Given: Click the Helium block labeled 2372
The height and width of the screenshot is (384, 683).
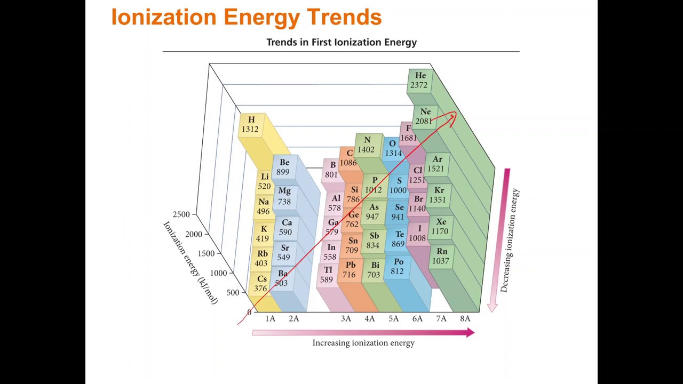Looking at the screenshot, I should point(419,81).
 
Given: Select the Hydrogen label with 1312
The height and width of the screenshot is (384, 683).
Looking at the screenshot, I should point(250,125).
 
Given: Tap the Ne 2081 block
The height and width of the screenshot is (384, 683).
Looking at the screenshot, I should point(424,116).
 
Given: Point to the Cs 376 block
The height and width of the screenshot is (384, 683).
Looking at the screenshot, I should point(261,284).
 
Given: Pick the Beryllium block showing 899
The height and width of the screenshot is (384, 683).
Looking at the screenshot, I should point(283,167).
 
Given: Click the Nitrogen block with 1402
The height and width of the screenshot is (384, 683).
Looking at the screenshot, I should point(367,145).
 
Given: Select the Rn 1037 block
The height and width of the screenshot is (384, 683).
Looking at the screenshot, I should point(441,257).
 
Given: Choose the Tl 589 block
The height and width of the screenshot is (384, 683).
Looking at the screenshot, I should point(327,275).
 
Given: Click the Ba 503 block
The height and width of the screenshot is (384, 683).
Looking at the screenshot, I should point(282,278).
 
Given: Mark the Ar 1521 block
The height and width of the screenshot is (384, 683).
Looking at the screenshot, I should point(436,164).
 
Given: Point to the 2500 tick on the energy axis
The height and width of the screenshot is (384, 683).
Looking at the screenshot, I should point(181,214).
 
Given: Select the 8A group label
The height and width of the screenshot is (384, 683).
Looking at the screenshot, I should point(465,318).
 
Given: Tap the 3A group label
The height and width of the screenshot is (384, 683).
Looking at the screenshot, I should point(346,318).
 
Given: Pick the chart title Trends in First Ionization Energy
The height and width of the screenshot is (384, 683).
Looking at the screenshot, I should point(341,42).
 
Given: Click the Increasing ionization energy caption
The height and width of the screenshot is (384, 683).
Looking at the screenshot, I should point(363,343).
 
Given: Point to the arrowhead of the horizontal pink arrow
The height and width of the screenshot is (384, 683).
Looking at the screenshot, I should point(470,333).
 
